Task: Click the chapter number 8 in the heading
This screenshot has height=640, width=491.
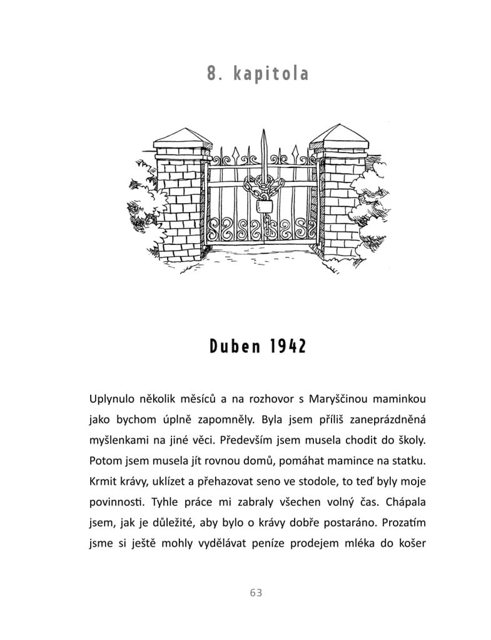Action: pos(212,74)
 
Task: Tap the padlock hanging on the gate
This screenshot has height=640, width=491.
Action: pos(265,206)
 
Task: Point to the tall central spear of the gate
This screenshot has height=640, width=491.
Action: pos(265,150)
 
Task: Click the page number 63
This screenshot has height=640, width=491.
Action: pos(255,592)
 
